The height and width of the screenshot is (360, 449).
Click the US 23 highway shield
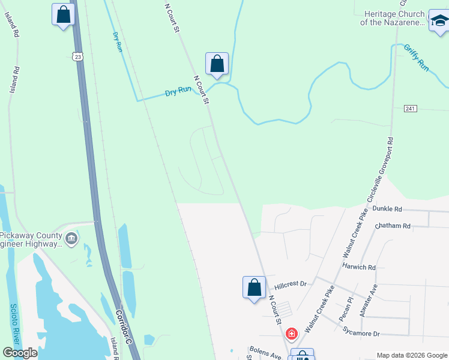[77, 56]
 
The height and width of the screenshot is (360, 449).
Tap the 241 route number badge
[410, 109]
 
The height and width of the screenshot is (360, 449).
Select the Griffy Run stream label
[416, 58]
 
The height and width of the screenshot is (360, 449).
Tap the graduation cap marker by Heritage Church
[439, 21]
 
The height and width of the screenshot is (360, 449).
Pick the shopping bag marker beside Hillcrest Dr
[254, 287]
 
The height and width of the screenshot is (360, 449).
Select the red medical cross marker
[292, 333]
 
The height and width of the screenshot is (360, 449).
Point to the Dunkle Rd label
[387, 209]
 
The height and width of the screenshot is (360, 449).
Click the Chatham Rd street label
[392, 226]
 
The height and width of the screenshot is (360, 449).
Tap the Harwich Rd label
[359, 266]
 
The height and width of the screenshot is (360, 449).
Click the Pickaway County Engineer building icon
[71, 239]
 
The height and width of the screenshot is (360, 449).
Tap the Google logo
[20, 352]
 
